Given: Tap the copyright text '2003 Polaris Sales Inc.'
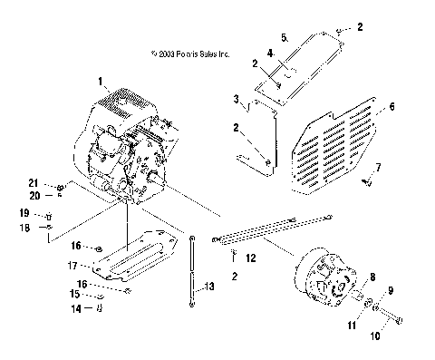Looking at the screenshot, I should click(191, 54).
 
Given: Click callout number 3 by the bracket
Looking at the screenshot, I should click(236, 98).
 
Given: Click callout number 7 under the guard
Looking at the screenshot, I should click(379, 168).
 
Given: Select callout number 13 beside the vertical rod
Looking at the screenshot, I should click(209, 287).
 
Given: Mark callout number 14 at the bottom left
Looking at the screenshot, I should click(77, 309).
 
